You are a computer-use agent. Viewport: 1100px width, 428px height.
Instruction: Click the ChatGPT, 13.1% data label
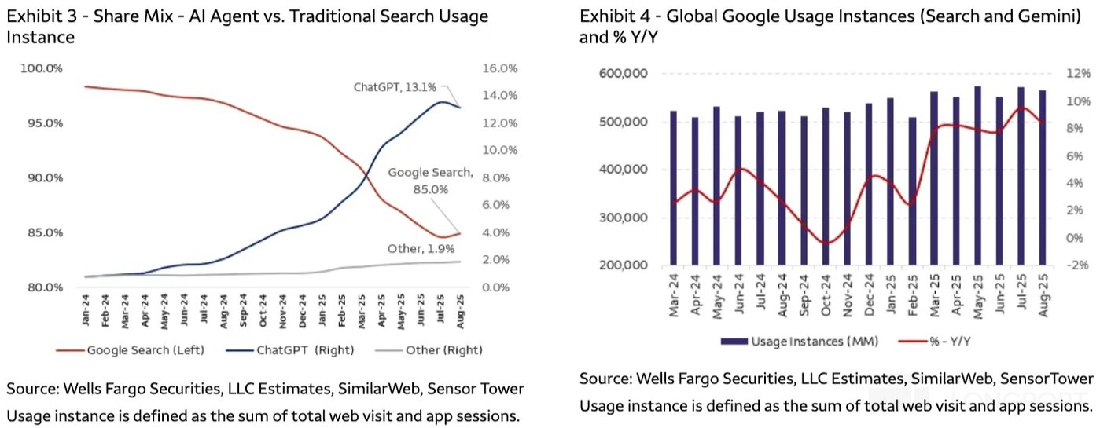(392, 88)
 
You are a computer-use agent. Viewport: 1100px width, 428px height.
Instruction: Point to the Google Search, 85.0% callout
(429, 181)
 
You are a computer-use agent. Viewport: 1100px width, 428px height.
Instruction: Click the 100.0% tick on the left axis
(42, 68)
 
